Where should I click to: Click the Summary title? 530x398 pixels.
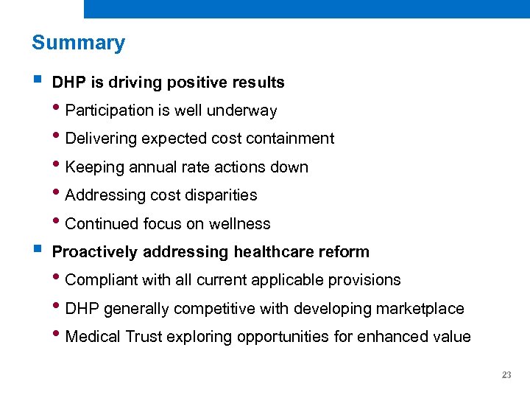[x=78, y=43]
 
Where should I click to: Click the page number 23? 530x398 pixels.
[x=506, y=375]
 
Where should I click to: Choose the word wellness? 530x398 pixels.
[x=239, y=223]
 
